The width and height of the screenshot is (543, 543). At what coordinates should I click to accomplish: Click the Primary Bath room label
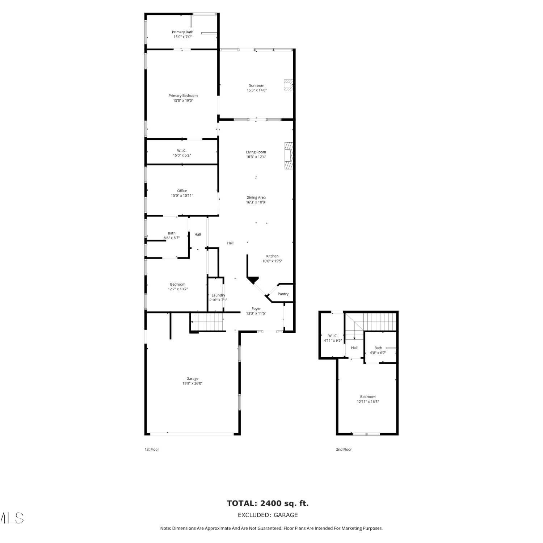pos(182,32)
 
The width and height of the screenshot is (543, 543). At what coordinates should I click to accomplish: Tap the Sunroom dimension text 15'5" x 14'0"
pos(257,90)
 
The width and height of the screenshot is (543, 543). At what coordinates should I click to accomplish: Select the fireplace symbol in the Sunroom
pos(288,85)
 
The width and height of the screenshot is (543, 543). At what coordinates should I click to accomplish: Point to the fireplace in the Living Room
pos(289,156)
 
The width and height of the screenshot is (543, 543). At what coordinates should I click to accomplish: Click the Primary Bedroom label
pos(183,96)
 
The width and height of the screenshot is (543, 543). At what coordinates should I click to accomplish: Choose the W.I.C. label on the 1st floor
pos(182,151)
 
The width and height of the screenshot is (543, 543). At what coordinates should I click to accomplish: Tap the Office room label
pos(182,191)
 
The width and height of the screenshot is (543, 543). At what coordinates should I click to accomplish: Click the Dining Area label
pos(256,198)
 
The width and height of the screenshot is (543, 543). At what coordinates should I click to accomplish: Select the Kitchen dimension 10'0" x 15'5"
pos(272,261)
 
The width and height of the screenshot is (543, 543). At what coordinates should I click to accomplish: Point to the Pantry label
pos(283,294)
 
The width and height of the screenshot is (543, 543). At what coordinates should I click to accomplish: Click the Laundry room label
pos(218,295)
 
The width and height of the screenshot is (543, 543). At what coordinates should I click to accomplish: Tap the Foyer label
pos(256,309)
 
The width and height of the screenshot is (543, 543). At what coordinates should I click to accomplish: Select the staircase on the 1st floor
pos(206,322)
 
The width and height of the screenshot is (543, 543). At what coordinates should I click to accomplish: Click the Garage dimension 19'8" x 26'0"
pos(192,383)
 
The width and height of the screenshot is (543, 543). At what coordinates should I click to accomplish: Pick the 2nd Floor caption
pos(344,450)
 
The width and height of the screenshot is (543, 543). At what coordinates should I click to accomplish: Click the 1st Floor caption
pos(152,450)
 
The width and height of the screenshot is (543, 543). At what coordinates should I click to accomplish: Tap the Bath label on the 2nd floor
pos(378,348)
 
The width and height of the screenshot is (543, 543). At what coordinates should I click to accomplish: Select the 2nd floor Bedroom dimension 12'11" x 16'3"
pos(368,401)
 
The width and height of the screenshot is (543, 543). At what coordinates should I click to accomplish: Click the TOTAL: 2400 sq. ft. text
pos(268,503)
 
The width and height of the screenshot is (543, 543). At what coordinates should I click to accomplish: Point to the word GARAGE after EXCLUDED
pos(286,515)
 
